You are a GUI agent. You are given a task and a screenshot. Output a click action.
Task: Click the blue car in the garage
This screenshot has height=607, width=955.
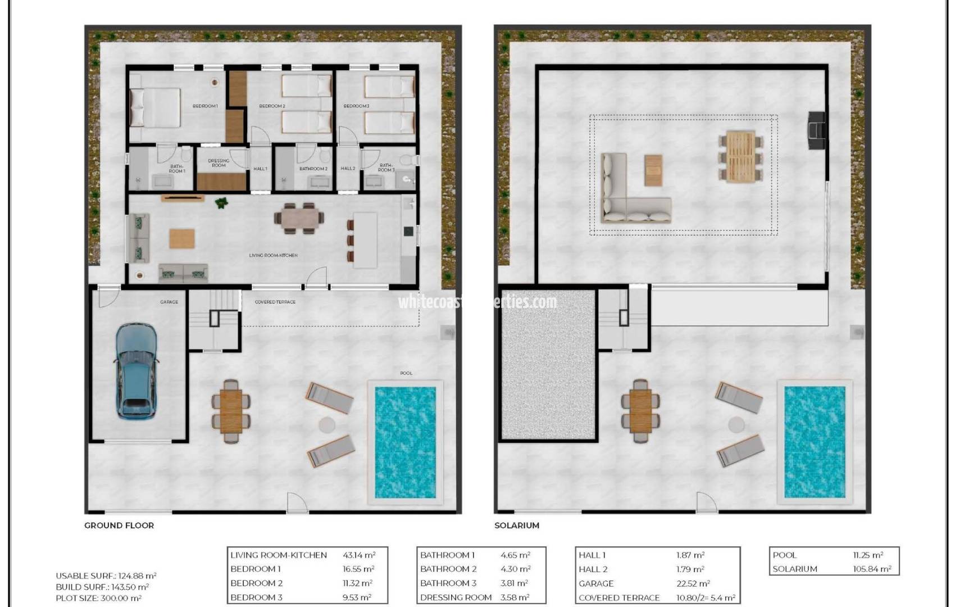pos(137,371)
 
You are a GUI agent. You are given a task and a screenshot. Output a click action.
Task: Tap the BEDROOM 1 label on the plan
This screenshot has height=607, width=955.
pos(205,106)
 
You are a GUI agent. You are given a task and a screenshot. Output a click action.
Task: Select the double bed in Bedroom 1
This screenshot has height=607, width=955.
pos(156,107)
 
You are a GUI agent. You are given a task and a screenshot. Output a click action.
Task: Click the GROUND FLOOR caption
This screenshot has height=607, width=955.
pos(119,526)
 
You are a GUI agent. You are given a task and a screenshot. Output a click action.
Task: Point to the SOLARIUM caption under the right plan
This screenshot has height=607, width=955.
pos(516,526)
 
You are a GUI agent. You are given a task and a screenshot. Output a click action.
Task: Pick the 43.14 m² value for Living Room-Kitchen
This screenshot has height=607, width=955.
pos(359,555)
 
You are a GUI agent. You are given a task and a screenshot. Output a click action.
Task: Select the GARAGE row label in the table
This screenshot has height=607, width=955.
pos(596,583)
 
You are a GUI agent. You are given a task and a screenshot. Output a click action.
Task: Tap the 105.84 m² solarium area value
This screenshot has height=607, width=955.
pos(872,569)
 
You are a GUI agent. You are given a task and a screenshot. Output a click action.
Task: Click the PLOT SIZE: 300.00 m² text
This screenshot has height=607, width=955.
pos(99,598)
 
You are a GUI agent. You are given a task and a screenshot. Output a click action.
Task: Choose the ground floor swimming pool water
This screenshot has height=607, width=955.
pos(405,442)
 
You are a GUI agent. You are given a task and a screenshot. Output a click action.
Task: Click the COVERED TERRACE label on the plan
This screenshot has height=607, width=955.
pos(275,302)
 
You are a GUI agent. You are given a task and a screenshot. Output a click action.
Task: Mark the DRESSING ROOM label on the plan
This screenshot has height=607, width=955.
pos(219,163)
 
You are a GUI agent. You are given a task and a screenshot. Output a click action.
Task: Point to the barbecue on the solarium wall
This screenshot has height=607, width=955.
pos(817,130)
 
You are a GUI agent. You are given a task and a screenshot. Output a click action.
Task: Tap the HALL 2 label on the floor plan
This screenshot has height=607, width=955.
pos(348,169)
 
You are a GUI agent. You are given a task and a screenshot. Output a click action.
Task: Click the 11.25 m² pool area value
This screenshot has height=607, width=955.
pos(868,555)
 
